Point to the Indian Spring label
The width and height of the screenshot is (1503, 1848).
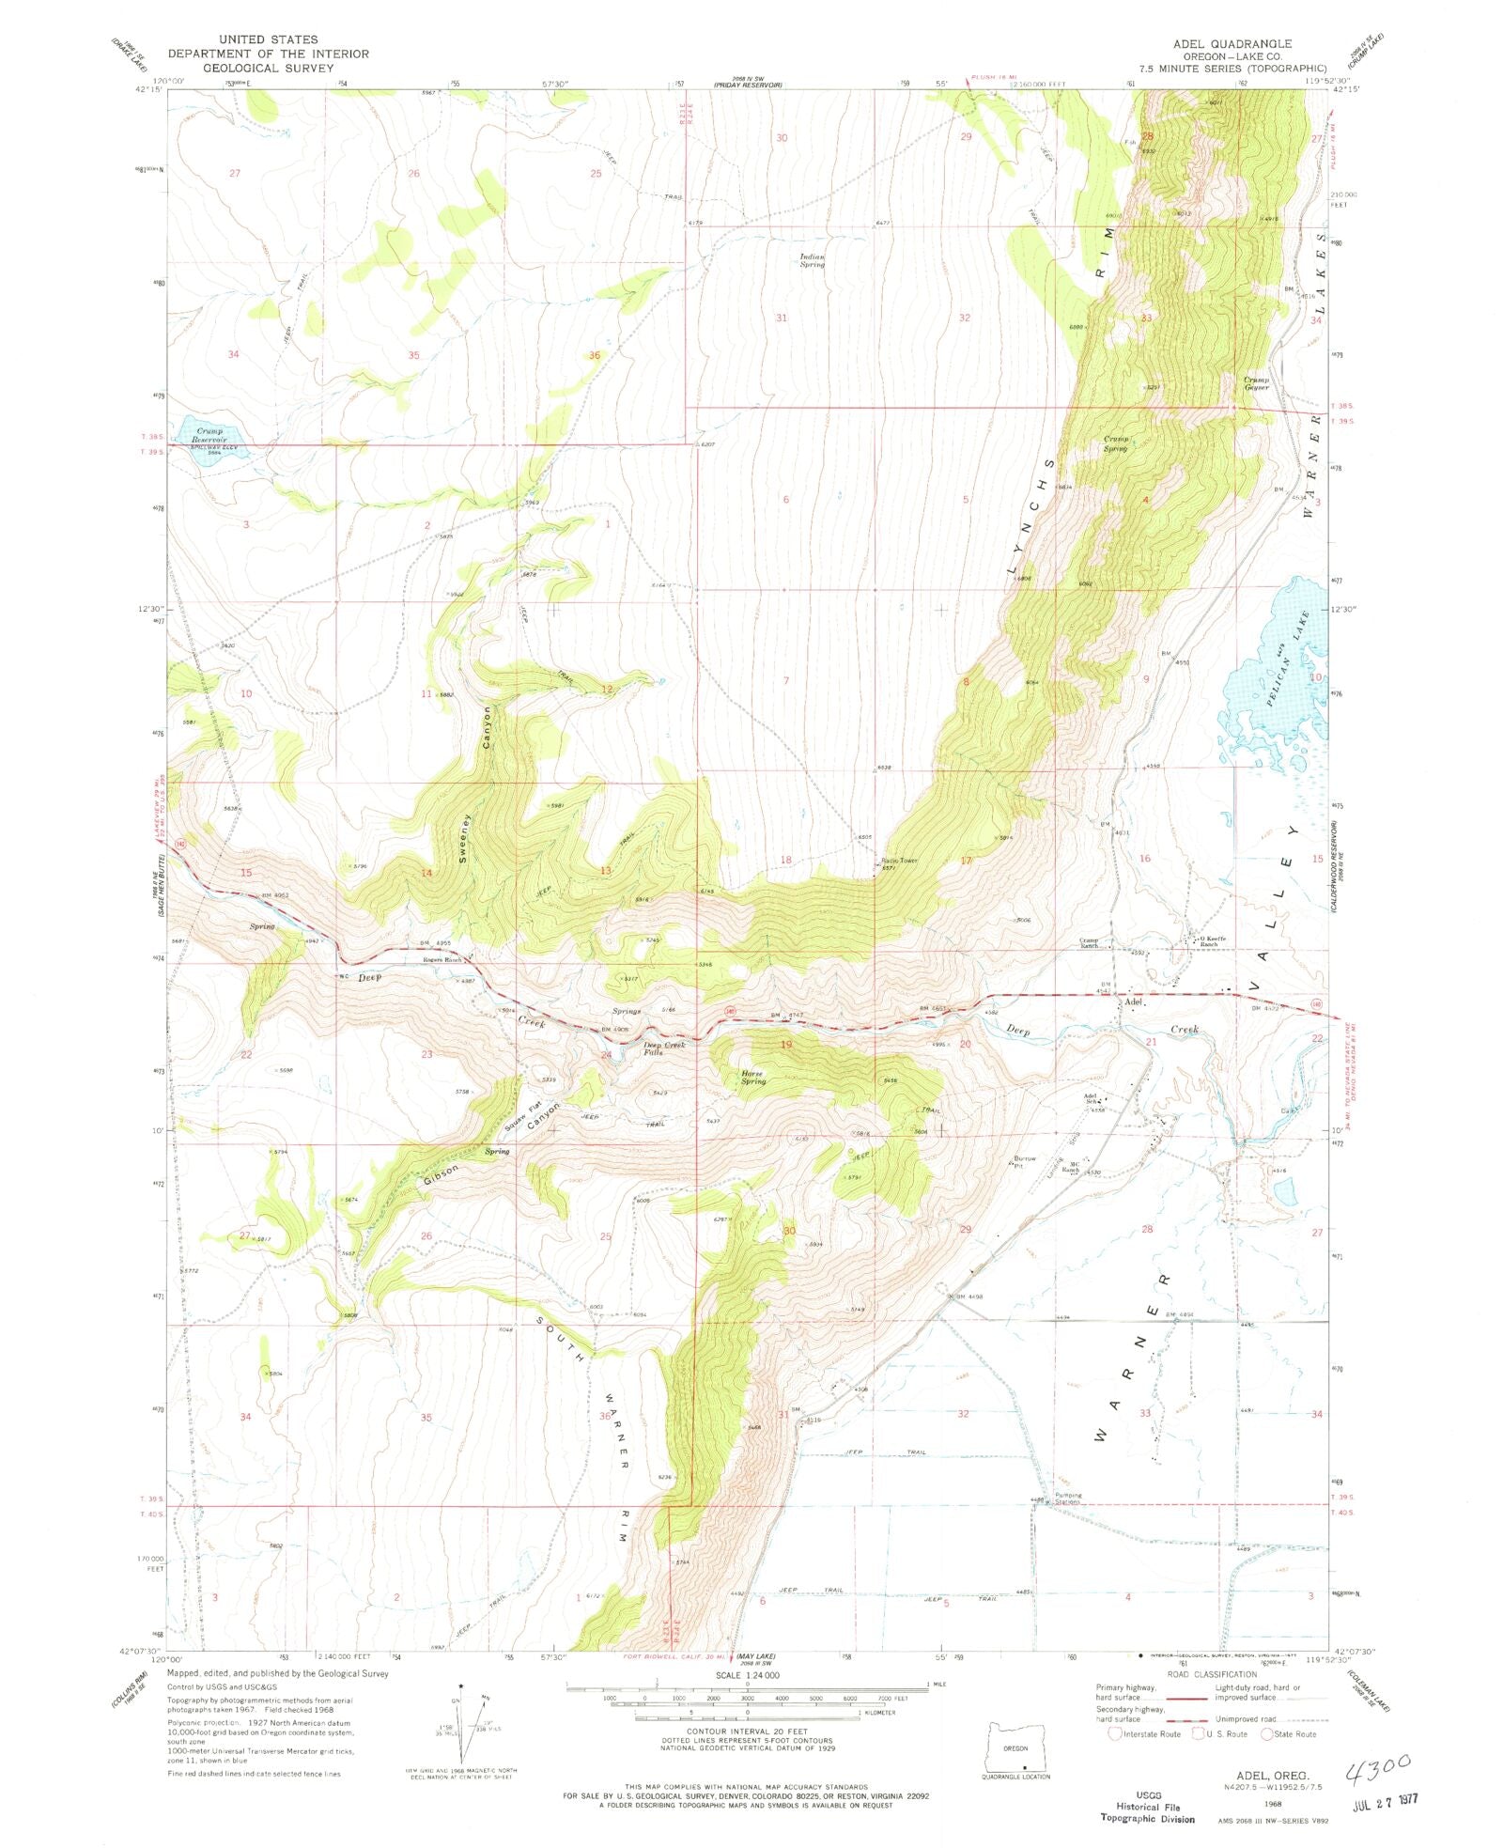click(x=812, y=260)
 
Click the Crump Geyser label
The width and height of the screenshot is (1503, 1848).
click(x=1257, y=383)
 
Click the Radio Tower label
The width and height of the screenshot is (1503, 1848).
click(x=898, y=860)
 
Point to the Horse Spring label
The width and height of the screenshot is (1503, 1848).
click(x=753, y=1077)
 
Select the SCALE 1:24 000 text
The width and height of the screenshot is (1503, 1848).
click(x=745, y=1675)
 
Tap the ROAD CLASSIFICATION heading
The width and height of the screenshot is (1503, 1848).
click(x=1212, y=1674)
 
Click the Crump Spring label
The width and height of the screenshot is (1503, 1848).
click(x=1115, y=443)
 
